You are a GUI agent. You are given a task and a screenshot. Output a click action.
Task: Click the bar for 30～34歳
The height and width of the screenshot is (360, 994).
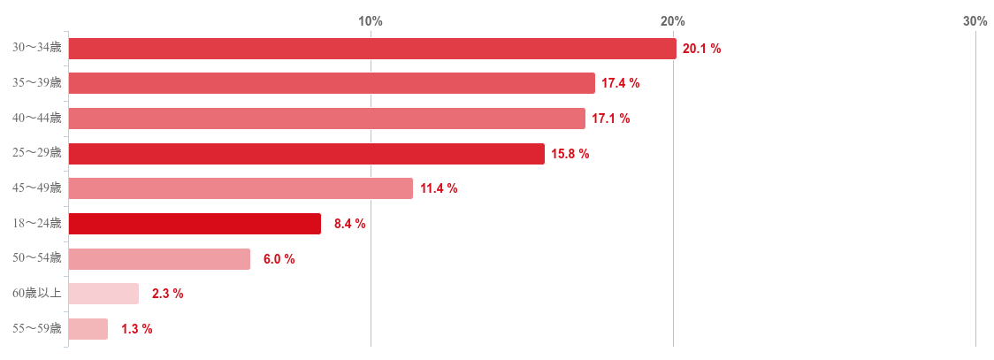pos(371,49)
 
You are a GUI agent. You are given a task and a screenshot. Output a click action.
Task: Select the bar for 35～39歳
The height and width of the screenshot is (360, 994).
pos(332,83)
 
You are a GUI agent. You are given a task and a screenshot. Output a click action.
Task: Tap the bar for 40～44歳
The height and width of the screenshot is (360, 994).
pos(326,119)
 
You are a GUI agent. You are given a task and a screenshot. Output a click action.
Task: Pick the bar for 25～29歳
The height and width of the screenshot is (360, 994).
pos(306,154)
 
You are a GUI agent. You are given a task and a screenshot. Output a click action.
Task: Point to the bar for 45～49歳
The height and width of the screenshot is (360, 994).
pos(241,188)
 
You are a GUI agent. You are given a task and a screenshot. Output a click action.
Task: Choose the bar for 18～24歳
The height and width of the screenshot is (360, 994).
pos(195,224)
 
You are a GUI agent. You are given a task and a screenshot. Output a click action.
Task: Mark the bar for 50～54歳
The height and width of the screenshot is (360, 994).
pos(159,259)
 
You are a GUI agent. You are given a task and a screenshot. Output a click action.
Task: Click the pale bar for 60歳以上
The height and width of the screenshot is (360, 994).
pos(103,294)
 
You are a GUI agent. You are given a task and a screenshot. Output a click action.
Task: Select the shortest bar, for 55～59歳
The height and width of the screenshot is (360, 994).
pos(88,329)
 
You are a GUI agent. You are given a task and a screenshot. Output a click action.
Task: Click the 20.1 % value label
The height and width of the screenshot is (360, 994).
pos(702,49)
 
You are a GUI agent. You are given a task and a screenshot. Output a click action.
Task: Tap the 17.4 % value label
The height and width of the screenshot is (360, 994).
pos(621,83)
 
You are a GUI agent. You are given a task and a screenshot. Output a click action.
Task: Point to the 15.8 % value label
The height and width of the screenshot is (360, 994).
pos(570,154)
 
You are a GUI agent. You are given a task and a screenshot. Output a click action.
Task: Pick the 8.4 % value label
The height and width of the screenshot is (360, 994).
pos(349,224)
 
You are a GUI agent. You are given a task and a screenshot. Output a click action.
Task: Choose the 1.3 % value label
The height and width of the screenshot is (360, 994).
pos(136,329)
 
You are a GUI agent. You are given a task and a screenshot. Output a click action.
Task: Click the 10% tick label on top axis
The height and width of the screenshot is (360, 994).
pos(370,21)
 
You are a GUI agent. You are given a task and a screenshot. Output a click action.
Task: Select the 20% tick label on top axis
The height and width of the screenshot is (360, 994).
pos(672,21)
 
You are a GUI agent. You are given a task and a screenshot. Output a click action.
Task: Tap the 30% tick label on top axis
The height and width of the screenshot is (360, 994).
pos(975,21)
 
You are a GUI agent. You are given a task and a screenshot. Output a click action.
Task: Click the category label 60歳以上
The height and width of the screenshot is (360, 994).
pos(36,294)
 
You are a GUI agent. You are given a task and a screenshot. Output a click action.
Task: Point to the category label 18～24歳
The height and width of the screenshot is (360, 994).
pos(36,224)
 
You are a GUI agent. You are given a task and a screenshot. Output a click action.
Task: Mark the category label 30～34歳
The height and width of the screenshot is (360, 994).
pos(36,48)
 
